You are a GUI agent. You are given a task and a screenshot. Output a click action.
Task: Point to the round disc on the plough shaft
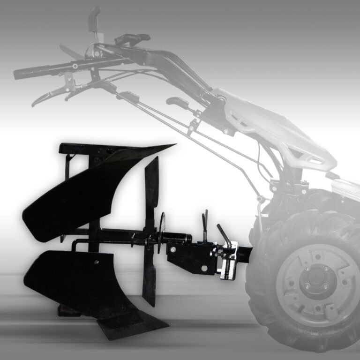pyautogui.click(x=162, y=232)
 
